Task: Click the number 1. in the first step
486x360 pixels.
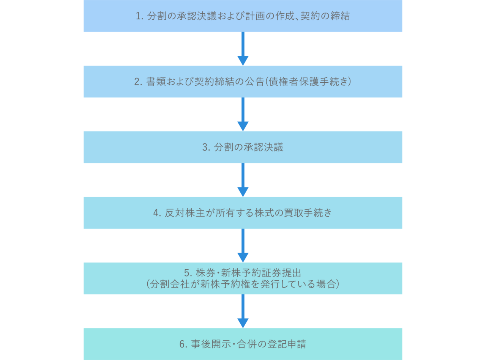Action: click(140, 16)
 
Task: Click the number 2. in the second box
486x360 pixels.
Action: click(138, 82)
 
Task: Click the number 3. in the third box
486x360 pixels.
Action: click(206, 147)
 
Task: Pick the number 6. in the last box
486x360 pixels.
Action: click(184, 344)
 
